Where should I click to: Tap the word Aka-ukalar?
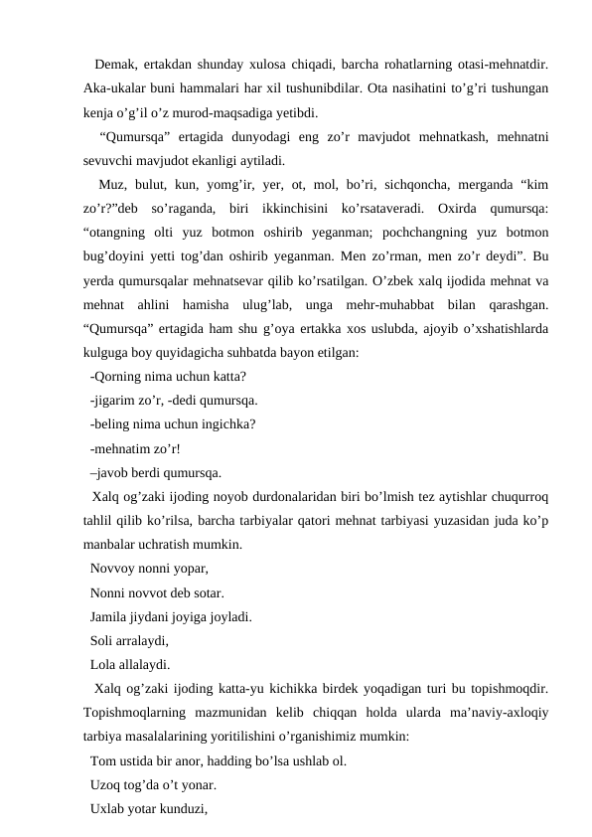point(114,87)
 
